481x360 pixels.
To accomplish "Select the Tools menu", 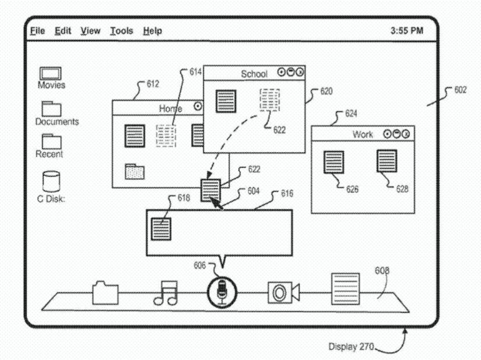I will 121,31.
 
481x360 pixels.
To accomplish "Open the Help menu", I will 152,31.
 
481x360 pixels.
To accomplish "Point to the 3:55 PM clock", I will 406,31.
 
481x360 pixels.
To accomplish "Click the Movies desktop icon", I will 51,74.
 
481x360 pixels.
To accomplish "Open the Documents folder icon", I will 51,108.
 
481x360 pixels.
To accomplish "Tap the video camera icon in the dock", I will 283,292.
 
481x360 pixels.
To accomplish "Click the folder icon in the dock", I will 105,292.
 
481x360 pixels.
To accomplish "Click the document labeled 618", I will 160,228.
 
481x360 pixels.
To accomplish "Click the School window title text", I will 254,74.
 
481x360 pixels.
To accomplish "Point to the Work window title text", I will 363,134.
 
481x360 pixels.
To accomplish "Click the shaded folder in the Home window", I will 135,171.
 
